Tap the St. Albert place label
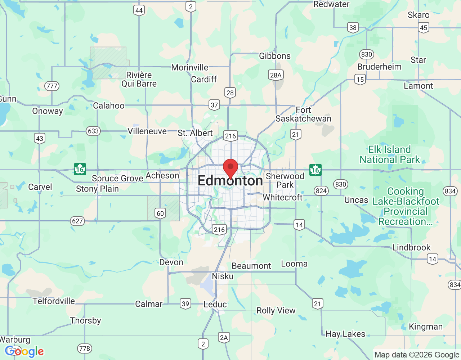click(x=195, y=133)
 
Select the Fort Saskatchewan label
click(x=303, y=114)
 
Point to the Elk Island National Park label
click(x=390, y=154)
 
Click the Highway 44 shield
click(x=139, y=10)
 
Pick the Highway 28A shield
click(x=276, y=75)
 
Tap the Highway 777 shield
click(x=52, y=86)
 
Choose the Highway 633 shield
click(x=93, y=131)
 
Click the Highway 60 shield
click(x=160, y=213)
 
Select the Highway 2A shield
click(x=224, y=337)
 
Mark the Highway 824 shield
click(x=321, y=190)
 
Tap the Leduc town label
click(x=215, y=305)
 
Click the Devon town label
click(x=171, y=262)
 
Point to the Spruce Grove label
click(x=117, y=179)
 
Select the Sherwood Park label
click(x=285, y=180)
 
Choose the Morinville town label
click(x=190, y=68)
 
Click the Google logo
click(x=24, y=351)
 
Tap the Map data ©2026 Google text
click(x=417, y=355)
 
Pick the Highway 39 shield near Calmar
click(x=185, y=303)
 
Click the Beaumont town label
click(x=251, y=266)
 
